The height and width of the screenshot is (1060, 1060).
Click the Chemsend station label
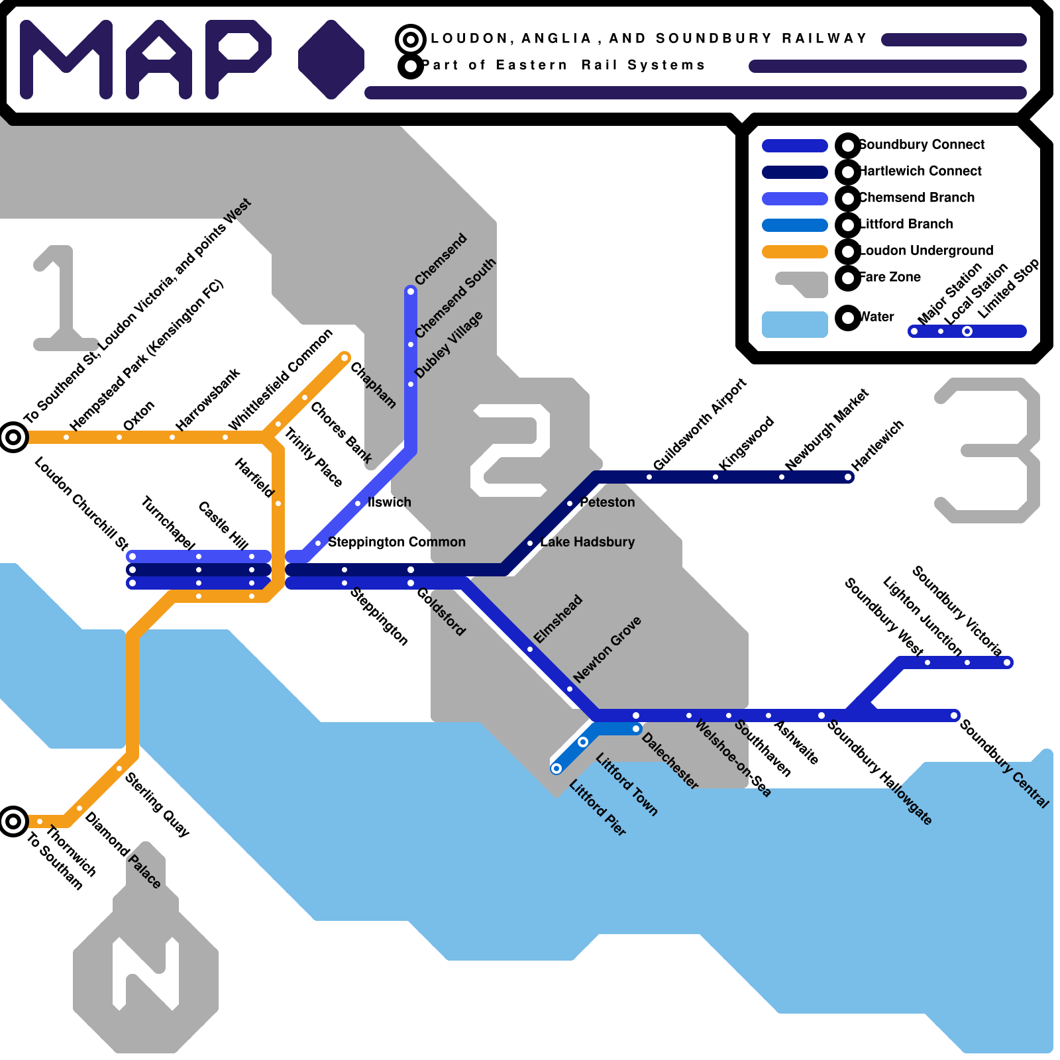441,260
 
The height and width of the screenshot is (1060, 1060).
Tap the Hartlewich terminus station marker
849,477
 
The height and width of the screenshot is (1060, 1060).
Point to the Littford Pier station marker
556,768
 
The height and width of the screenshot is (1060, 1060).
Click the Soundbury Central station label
1004,764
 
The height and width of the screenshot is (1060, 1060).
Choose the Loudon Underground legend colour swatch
795,252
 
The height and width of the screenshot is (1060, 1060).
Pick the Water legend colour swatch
795,325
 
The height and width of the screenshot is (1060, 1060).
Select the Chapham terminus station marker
344,358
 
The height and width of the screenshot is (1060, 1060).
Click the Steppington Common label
396,543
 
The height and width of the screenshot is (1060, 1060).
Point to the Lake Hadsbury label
587,543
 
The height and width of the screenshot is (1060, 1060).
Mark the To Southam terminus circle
13,821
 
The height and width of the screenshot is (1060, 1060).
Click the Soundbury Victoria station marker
1007,662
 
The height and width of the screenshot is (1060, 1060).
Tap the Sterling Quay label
158,804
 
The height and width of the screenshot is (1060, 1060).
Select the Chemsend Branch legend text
917,197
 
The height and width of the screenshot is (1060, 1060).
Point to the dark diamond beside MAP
331,60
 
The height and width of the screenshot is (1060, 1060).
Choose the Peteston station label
607,503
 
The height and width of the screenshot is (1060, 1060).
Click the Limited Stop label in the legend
1008,289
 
